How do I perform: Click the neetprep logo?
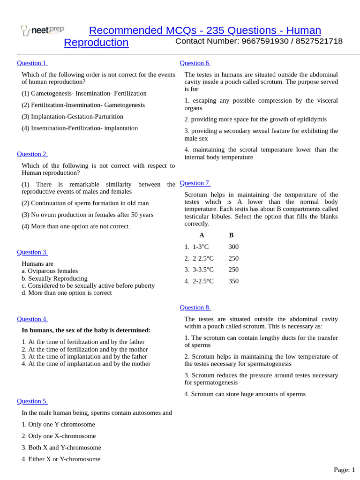click(x=42, y=30)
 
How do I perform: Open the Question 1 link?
click(x=32, y=63)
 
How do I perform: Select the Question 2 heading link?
click(x=32, y=154)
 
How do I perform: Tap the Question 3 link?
click(x=32, y=252)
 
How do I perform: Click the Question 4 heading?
click(x=32, y=319)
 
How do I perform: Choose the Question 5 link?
click(x=32, y=401)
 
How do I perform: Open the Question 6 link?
click(x=195, y=63)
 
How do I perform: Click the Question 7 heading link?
click(x=195, y=183)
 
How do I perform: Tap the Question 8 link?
click(x=195, y=307)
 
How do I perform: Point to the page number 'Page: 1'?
click(x=344, y=470)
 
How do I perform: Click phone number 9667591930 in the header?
click(x=265, y=41)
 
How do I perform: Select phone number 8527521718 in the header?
click(x=319, y=41)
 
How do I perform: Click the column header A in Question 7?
click(x=202, y=235)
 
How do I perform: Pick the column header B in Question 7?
click(x=231, y=235)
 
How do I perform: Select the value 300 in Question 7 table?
click(x=233, y=247)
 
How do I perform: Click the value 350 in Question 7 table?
click(x=233, y=281)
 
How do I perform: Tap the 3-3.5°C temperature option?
click(x=203, y=270)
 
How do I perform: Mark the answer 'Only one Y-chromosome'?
click(x=61, y=425)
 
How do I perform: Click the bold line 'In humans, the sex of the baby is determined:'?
click(x=86, y=330)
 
